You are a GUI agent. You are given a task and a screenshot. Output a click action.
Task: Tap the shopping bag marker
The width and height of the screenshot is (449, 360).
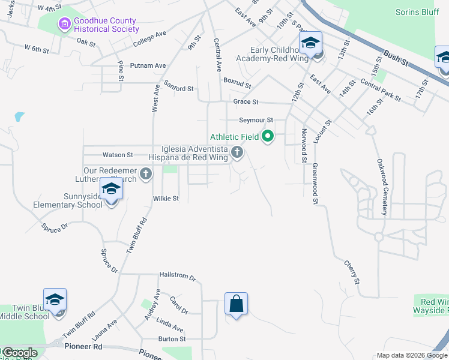click(237, 304)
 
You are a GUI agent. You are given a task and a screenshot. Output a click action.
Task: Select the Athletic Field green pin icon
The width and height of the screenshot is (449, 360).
click(268, 137)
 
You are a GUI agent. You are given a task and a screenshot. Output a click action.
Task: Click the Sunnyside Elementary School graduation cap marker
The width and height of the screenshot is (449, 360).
click(111, 189)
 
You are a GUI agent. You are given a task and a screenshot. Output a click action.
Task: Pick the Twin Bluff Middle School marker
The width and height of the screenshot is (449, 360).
click(55, 300)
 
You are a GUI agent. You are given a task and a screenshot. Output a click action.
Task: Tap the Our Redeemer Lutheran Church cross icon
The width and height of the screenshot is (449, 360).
click(145, 175)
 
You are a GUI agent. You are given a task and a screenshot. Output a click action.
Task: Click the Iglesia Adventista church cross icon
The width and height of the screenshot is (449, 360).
click(237, 152)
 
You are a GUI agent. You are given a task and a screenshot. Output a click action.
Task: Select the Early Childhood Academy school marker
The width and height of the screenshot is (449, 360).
click(310, 44)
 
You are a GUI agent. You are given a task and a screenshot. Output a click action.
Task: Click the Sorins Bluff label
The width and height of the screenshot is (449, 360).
click(418, 12)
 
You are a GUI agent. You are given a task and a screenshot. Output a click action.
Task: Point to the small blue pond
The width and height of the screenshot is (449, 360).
click(20, 116)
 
